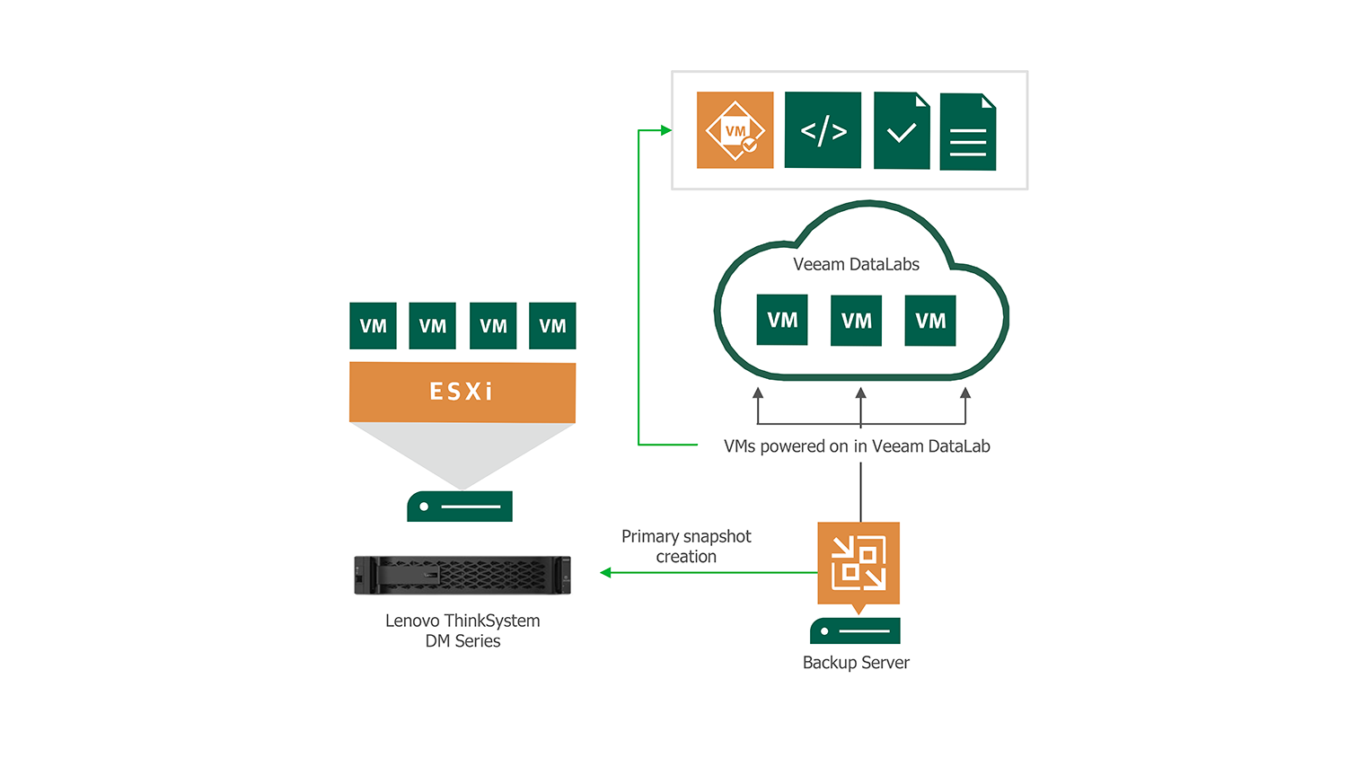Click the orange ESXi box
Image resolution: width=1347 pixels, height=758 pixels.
pos(462,392)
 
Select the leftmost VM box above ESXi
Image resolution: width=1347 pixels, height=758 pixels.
pos(373,326)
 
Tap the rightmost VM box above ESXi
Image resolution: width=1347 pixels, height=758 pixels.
pos(552,326)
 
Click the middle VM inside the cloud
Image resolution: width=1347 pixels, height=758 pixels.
pos(856,321)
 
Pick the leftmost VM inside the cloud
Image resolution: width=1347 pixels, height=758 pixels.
pos(782,320)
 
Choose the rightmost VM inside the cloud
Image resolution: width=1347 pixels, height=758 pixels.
pos(930,321)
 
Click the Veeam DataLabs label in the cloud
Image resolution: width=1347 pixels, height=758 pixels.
pos(856,264)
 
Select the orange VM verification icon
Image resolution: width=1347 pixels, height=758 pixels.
pos(735,130)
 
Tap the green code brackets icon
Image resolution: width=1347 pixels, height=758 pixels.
pos(823,130)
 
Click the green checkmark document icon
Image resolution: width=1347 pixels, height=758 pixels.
pos(902,131)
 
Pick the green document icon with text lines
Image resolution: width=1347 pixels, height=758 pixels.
pos(967,133)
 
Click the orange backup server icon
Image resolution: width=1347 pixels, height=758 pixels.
pos(858,563)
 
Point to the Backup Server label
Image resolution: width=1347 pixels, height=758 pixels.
pos(856,663)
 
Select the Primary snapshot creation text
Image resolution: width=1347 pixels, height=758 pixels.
pos(686,546)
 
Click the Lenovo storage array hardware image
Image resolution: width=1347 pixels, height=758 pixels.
pos(462,576)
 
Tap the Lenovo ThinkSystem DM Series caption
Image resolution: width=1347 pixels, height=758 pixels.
pos(462,630)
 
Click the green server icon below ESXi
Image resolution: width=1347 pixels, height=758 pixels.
pos(460,507)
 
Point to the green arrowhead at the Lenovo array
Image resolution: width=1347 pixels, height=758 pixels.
pos(605,572)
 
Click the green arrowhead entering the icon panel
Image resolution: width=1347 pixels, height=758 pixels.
pos(666,130)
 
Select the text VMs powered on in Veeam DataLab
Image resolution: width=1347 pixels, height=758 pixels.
pos(857,446)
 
